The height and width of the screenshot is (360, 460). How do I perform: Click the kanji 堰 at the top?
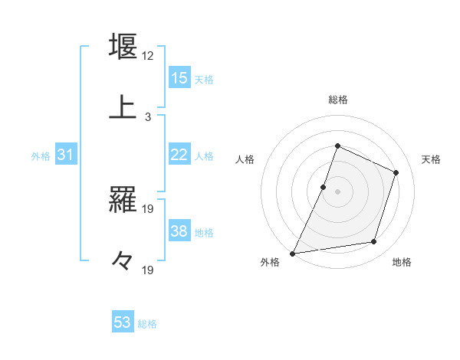click(123, 47)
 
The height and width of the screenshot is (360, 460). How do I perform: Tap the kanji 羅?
click(123, 201)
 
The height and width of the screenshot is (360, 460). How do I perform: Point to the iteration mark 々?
click(123, 261)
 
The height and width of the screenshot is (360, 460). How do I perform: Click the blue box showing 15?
click(179, 78)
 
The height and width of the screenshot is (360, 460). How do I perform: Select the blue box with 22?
click(179, 155)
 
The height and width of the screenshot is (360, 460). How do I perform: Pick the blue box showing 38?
click(179, 232)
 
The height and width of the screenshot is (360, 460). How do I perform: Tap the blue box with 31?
click(65, 155)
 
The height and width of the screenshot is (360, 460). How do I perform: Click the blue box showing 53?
click(123, 322)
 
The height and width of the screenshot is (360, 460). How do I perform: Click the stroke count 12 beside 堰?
click(147, 57)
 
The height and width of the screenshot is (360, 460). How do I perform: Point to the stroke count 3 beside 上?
click(147, 117)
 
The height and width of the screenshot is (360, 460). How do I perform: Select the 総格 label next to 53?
click(147, 324)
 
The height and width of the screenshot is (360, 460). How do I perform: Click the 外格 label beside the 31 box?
click(41, 156)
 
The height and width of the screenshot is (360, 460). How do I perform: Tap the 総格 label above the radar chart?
click(337, 100)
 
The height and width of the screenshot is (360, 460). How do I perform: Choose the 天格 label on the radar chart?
click(431, 159)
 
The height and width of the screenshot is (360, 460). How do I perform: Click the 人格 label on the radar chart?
click(245, 159)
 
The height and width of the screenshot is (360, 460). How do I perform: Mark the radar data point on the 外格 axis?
click(293, 253)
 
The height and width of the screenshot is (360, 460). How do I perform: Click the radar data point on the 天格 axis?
click(396, 172)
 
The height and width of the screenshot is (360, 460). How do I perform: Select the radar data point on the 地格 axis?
click(374, 242)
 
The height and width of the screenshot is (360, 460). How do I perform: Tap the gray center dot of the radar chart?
click(337, 191)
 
